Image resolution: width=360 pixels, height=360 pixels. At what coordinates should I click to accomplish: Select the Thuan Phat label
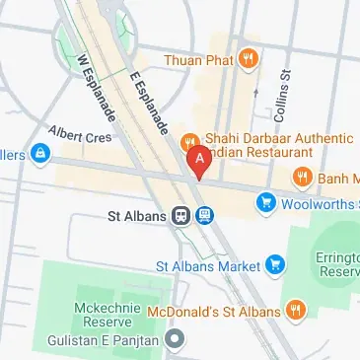[x=205, y=59]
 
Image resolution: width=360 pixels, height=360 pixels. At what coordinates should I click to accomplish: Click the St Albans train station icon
[x=181, y=214]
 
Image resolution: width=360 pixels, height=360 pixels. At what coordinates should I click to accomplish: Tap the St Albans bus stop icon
[x=204, y=214]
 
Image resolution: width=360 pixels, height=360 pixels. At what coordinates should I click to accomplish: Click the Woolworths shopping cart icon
[x=264, y=204]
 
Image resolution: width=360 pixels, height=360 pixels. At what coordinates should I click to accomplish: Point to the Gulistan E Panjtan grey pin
[x=176, y=341]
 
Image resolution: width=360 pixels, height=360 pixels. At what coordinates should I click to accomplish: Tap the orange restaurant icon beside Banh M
[x=302, y=178]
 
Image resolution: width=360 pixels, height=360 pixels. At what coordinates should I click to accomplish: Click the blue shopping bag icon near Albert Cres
[x=39, y=153]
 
